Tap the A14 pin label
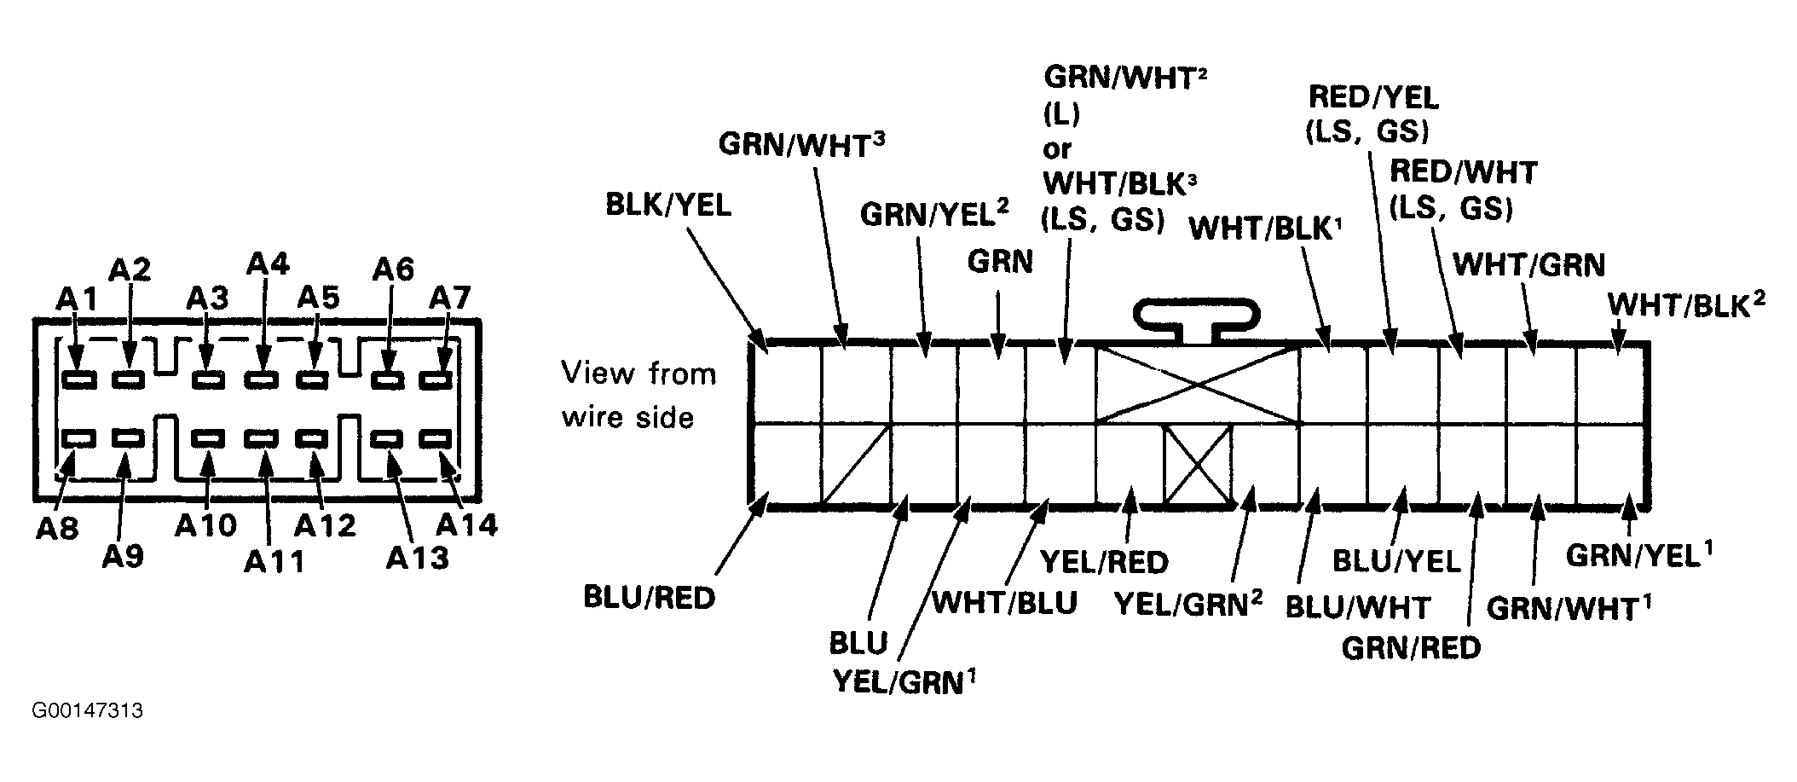point(467,524)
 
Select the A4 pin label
point(268,264)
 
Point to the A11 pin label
point(274,561)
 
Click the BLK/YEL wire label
point(668,206)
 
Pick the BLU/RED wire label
point(649,598)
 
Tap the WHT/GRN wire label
point(1528,265)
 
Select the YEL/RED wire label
point(1104,562)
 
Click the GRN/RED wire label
point(1411,648)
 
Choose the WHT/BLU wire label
point(1004,602)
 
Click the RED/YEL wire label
point(1373,97)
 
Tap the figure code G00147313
point(88,710)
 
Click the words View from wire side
point(638,395)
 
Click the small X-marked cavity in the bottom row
point(1198,465)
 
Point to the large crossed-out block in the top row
point(1198,384)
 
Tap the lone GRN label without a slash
point(1000,262)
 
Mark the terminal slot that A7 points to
point(438,379)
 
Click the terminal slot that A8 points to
point(78,439)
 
